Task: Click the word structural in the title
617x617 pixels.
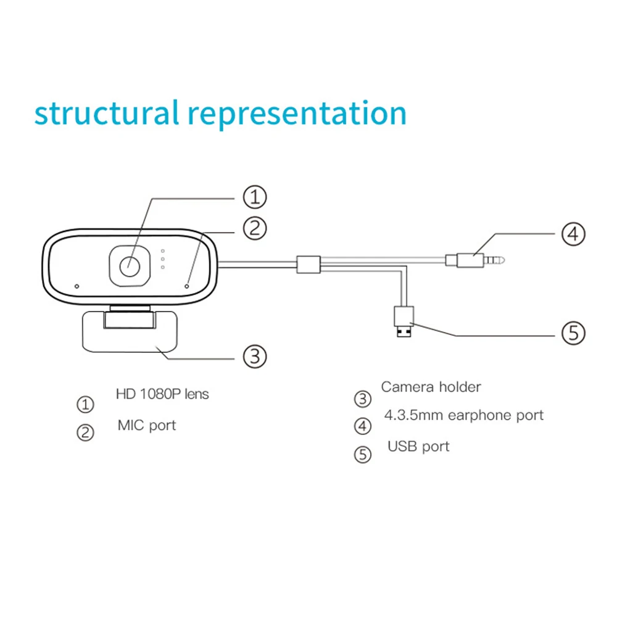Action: (x=105, y=114)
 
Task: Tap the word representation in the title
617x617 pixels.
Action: (x=297, y=115)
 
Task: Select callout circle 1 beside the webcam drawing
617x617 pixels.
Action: (x=254, y=198)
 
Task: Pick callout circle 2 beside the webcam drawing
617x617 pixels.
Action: (x=254, y=228)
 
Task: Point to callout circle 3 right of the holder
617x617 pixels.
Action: (x=254, y=356)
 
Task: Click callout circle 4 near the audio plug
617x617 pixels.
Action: (x=573, y=234)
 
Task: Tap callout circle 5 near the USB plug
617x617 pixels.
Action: (x=573, y=334)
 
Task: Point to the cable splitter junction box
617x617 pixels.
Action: (x=308, y=265)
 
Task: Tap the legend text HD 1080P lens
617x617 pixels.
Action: (x=162, y=394)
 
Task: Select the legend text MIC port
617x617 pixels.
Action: (x=147, y=425)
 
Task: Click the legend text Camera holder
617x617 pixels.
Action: (x=431, y=387)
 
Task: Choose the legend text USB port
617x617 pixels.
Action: (x=418, y=446)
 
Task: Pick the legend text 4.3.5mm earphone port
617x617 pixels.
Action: (x=463, y=415)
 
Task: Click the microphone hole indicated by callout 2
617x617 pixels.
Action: (x=187, y=286)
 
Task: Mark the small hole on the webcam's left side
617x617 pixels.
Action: (x=77, y=286)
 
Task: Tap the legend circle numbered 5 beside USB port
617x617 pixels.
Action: (x=363, y=455)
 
